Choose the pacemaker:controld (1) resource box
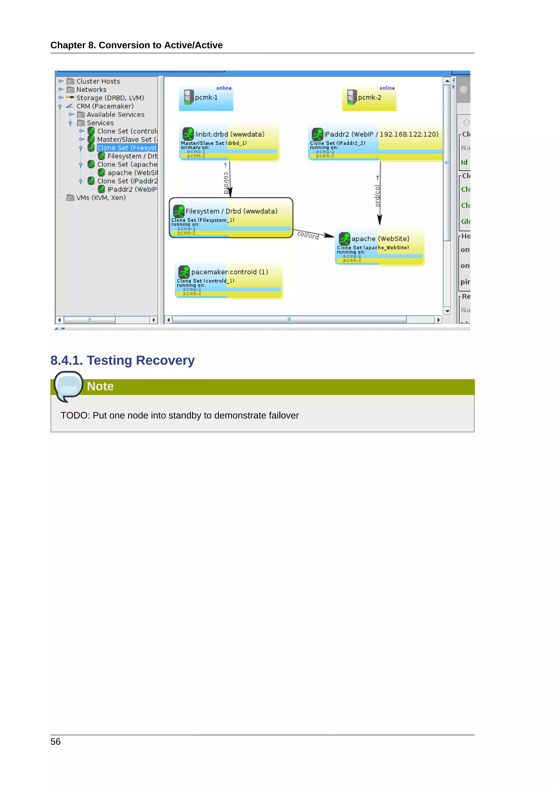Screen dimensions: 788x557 point(229,280)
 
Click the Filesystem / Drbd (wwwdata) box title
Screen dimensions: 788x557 point(231,211)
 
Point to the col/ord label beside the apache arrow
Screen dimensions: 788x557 point(308,235)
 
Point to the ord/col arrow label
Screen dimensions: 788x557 point(377,196)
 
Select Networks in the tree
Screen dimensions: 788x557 point(91,90)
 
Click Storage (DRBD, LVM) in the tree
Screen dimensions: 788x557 point(110,98)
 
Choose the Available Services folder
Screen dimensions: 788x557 point(115,115)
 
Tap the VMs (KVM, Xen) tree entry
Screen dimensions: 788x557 point(101,198)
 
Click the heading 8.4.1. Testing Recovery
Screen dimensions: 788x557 point(122,360)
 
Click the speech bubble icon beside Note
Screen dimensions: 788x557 point(68,386)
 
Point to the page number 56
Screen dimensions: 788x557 point(55,742)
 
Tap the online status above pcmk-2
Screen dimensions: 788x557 point(387,88)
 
